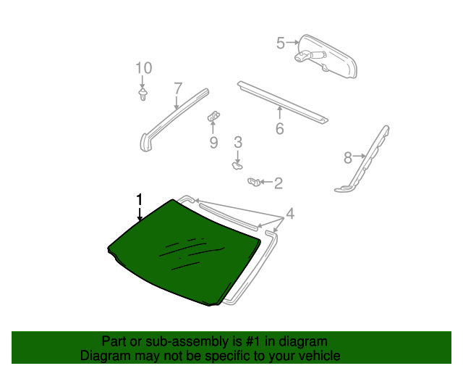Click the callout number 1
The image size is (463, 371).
140,199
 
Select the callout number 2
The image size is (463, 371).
278,183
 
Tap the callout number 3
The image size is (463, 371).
237,143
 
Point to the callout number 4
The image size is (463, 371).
290,214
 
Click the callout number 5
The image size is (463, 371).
281,43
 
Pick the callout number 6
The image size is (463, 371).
279,130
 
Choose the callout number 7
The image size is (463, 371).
178,88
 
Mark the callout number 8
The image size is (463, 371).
348,157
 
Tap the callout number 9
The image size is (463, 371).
213,143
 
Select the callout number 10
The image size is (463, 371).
143,68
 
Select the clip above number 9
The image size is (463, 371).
214,114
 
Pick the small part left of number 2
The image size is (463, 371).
254,181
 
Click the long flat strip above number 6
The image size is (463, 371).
282,101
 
